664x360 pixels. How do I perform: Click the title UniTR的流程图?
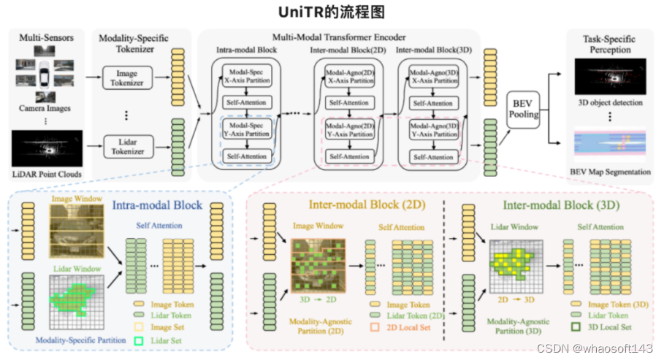(x=332, y=12)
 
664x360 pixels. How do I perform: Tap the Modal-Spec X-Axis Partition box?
(x=245, y=77)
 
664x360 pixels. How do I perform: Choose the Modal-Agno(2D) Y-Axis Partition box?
(x=349, y=131)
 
